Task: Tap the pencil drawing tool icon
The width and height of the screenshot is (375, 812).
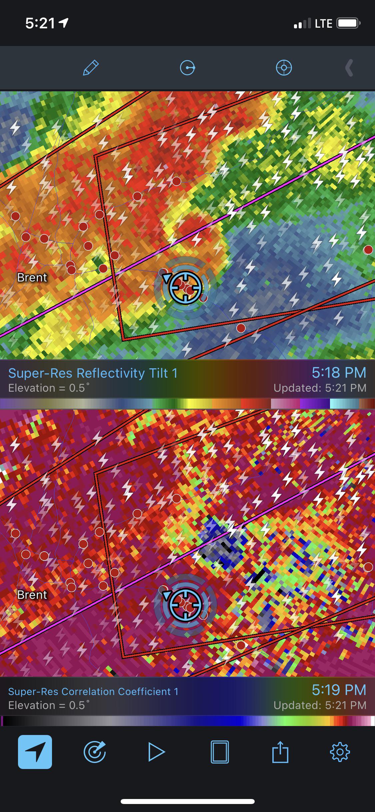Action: (91, 68)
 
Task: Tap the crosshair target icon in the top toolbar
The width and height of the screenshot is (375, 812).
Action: (284, 68)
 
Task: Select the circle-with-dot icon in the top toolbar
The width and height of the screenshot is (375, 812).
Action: (187, 68)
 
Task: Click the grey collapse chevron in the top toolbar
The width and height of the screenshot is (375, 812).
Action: (349, 68)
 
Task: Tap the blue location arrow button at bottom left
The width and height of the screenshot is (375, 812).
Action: (35, 752)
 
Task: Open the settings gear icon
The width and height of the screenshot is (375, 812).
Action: (340, 752)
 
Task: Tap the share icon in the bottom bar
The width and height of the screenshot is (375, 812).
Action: (280, 752)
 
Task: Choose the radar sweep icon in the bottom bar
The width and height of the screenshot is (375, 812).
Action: (95, 752)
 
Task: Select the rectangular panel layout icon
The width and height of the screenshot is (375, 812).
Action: (220, 752)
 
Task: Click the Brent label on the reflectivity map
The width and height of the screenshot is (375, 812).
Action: (32, 277)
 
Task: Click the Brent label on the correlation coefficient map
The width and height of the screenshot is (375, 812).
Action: (32, 595)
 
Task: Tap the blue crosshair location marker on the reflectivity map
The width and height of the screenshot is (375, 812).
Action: (185, 287)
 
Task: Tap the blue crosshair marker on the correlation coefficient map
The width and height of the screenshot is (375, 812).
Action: (185, 605)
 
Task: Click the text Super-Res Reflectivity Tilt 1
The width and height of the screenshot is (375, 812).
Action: (93, 373)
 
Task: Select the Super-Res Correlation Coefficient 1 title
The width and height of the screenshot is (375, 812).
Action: (93, 692)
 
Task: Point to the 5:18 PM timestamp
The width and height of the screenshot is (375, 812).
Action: (339, 373)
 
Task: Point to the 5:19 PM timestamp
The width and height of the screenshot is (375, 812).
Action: (339, 690)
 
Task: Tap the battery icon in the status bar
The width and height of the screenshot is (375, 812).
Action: (348, 23)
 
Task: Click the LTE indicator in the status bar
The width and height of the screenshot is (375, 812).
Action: (323, 23)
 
